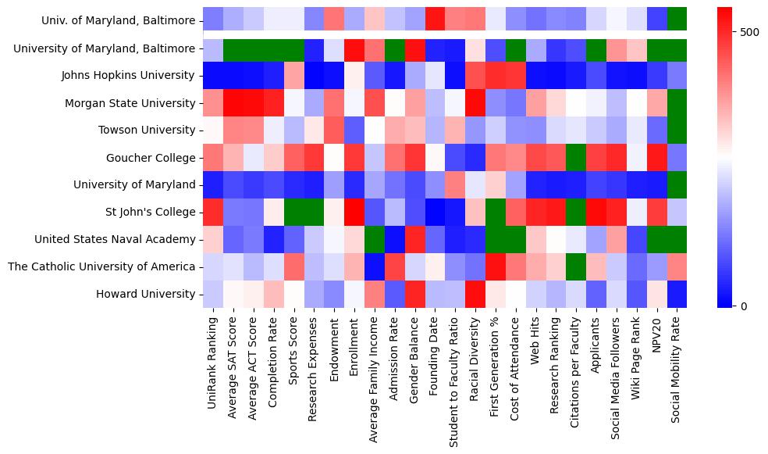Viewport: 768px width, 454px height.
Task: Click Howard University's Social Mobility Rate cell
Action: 677,294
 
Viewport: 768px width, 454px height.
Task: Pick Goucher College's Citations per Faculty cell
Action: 576,158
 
